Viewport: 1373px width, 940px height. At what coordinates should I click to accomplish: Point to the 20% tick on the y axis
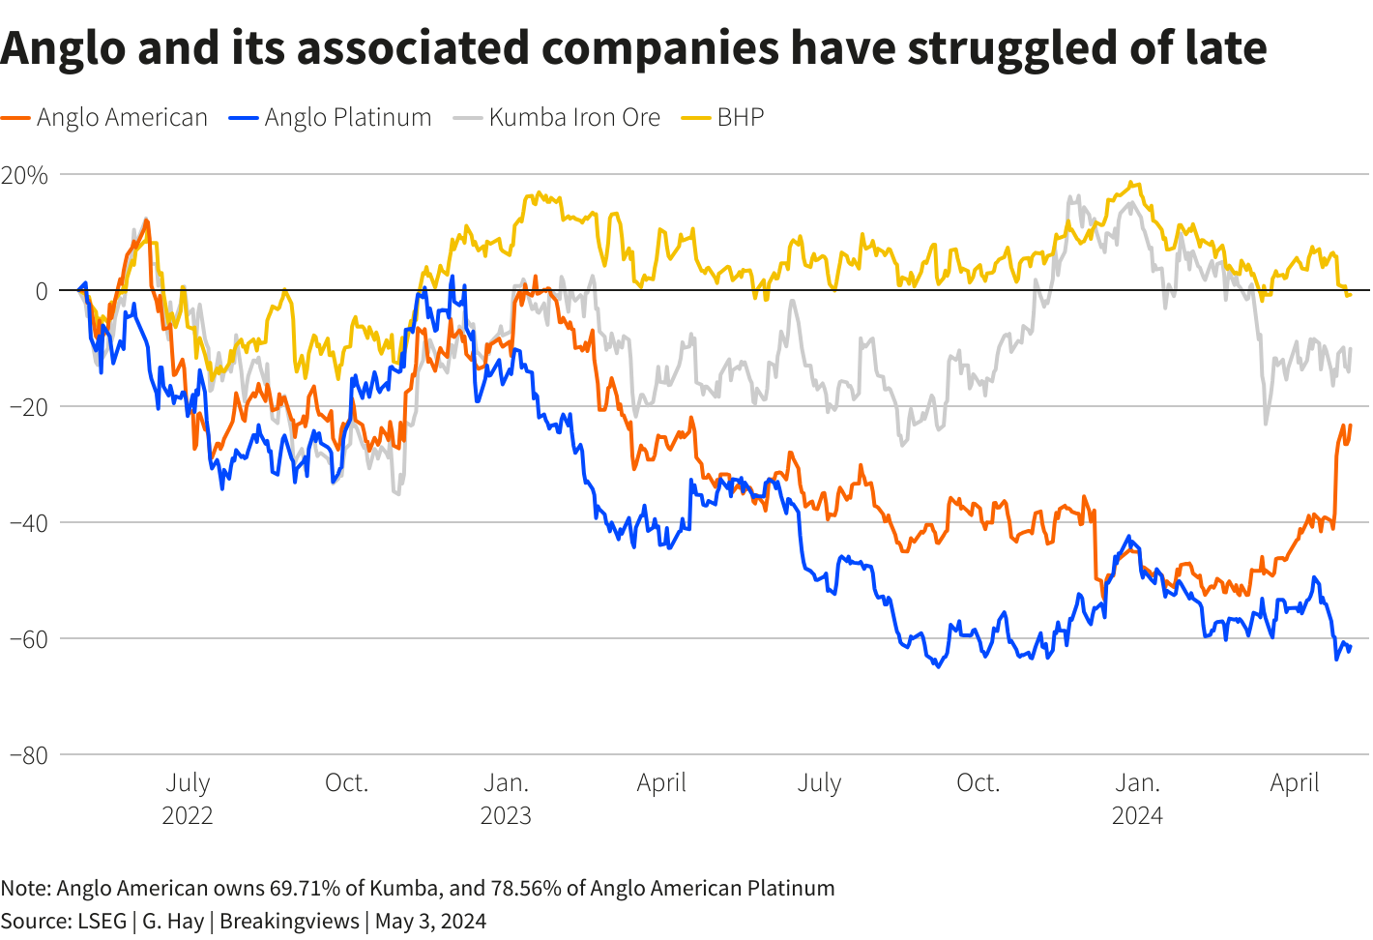tap(25, 175)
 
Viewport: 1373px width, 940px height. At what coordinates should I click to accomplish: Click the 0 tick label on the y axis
tap(41, 291)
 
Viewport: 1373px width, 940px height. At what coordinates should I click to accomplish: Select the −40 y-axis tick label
tap(28, 523)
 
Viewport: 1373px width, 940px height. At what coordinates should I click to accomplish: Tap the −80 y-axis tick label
tap(28, 755)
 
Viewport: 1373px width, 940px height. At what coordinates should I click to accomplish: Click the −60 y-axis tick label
tap(28, 639)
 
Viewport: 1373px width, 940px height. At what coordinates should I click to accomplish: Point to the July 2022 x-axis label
tap(188, 798)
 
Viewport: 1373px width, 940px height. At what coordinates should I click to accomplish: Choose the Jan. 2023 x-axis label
tap(506, 798)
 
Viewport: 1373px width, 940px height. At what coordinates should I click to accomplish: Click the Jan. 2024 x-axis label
tap(1137, 798)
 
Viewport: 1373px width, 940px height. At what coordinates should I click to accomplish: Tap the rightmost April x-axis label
tap(1295, 782)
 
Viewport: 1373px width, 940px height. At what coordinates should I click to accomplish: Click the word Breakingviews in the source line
tap(289, 921)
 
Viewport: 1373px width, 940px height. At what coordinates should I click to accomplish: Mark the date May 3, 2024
tap(430, 921)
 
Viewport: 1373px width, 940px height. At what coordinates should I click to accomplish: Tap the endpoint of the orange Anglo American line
tap(1350, 426)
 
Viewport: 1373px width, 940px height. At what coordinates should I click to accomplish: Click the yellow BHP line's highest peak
tap(1132, 183)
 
